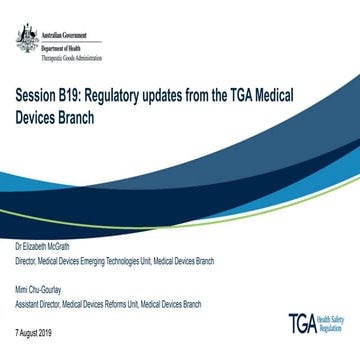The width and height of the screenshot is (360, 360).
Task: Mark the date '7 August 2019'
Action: tap(36, 330)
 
